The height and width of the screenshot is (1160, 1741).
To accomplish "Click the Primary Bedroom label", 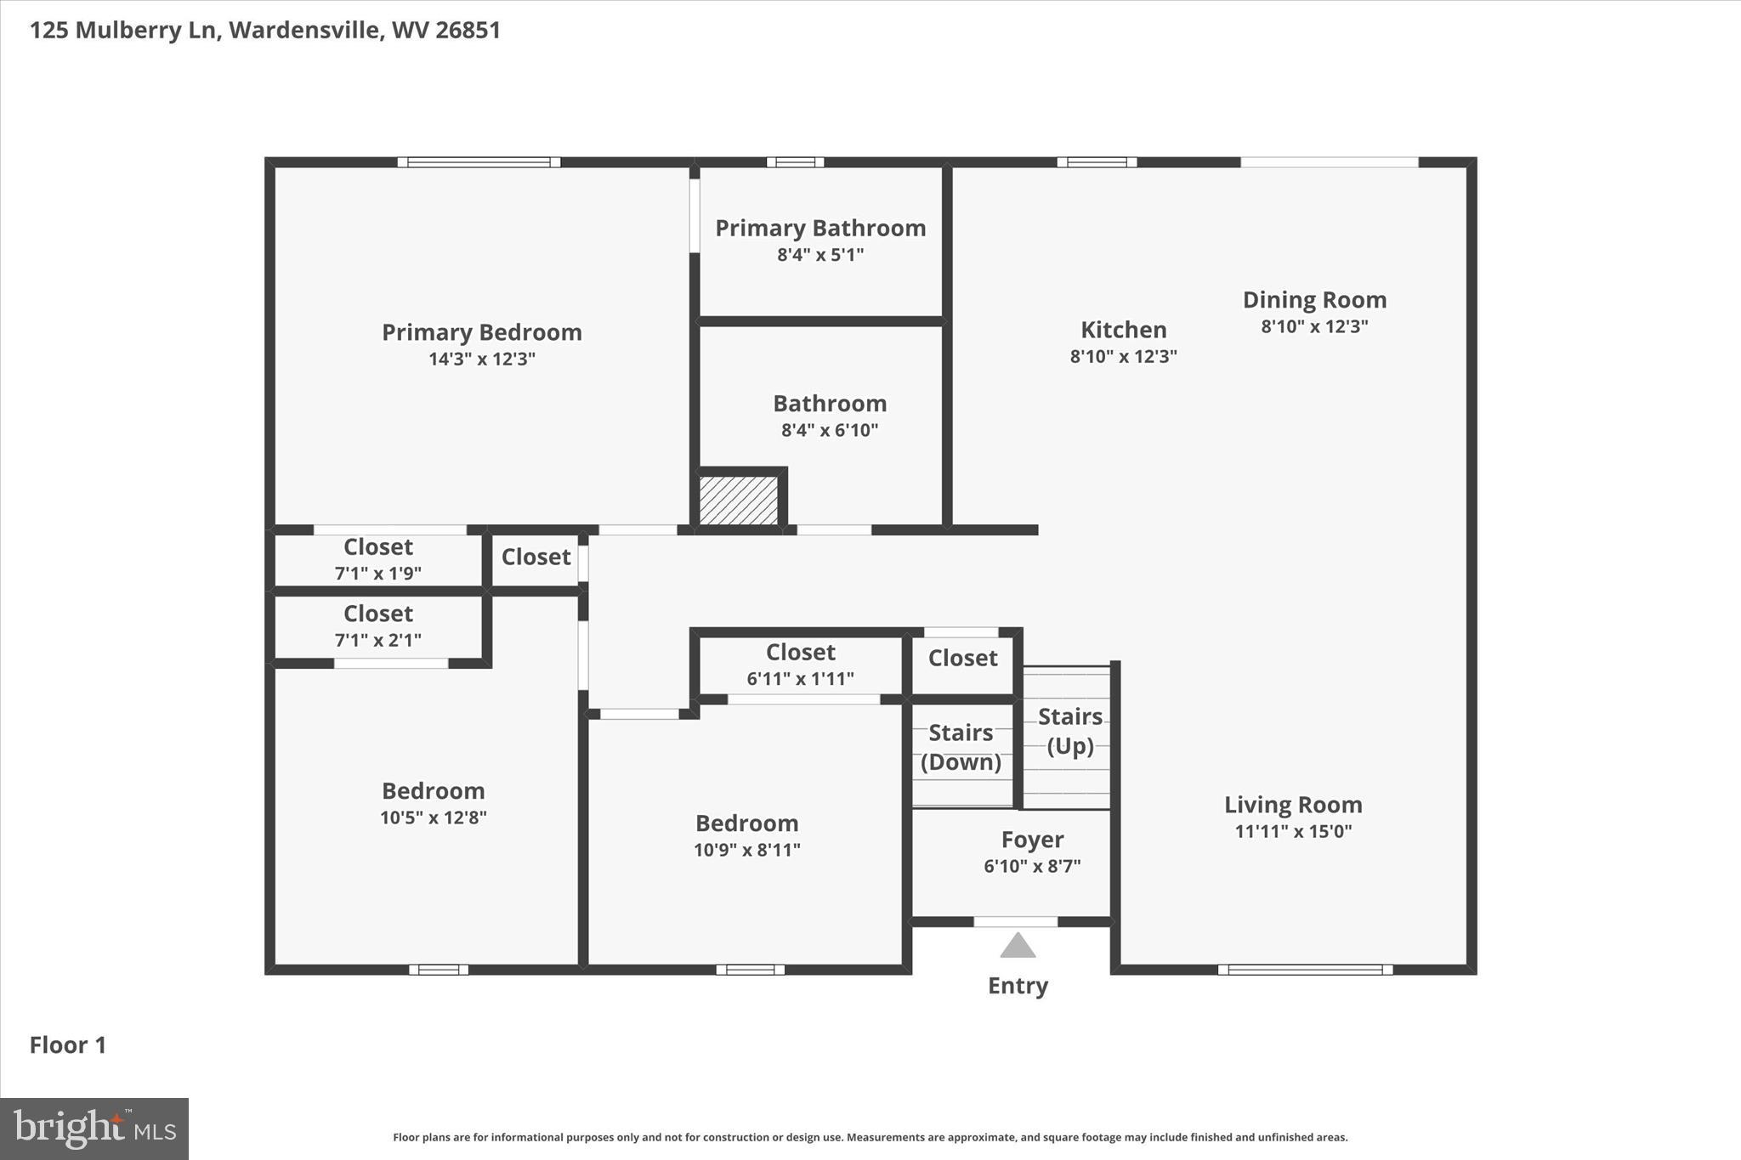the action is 482,332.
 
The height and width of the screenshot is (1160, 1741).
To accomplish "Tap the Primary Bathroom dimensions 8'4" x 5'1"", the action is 820,254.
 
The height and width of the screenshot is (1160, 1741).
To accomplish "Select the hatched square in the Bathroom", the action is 739,501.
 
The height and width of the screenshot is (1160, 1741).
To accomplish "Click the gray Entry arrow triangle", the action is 1018,945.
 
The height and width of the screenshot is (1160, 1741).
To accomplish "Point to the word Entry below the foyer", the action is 1018,986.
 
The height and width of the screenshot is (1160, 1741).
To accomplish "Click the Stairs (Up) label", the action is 1070,731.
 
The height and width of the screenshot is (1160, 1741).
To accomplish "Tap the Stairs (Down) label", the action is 961,747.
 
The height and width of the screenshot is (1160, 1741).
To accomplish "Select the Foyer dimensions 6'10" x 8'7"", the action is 1032,866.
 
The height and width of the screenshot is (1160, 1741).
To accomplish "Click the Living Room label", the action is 1293,804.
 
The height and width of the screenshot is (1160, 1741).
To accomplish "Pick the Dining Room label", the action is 1314,300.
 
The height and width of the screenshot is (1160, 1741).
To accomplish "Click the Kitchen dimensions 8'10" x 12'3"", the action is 1124,356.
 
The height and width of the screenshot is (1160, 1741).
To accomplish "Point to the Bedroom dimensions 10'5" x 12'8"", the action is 434,818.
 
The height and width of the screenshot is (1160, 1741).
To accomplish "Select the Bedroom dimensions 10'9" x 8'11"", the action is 747,850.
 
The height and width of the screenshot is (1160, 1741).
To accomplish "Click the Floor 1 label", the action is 68,1045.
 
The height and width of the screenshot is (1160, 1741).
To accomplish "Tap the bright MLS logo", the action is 94,1129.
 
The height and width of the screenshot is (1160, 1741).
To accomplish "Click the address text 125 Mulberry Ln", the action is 122,31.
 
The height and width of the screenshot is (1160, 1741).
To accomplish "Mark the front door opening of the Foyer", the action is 1016,922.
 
